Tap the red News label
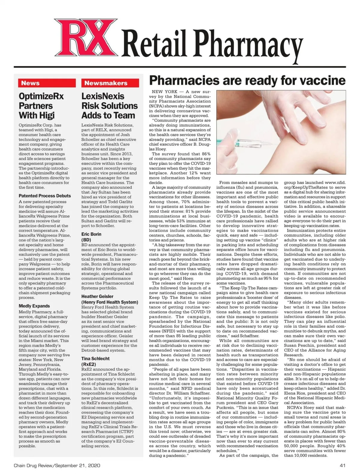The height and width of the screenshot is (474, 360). click(x=30, y=83)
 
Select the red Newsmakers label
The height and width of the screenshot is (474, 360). click(x=106, y=83)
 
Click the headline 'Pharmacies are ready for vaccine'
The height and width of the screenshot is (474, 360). click(x=247, y=80)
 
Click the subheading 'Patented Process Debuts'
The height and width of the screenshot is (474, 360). click(x=45, y=196)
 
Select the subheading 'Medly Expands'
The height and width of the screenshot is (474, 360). click(x=34, y=306)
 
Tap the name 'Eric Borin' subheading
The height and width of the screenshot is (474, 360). click(x=91, y=234)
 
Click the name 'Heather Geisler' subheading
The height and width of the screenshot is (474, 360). click(x=97, y=297)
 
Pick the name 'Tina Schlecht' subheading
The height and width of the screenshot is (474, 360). click(x=95, y=359)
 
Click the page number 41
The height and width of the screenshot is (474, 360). click(x=343, y=466)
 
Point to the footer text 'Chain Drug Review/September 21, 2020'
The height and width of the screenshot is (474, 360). click(x=57, y=466)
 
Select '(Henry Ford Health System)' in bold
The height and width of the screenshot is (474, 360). click(x=110, y=302)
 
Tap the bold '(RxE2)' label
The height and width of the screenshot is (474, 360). click(x=89, y=364)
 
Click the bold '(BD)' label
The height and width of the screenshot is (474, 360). click(x=86, y=240)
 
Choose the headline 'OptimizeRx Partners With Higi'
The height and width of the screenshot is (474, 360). click(x=41, y=106)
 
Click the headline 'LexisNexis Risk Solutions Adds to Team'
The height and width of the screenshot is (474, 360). click(x=109, y=106)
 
